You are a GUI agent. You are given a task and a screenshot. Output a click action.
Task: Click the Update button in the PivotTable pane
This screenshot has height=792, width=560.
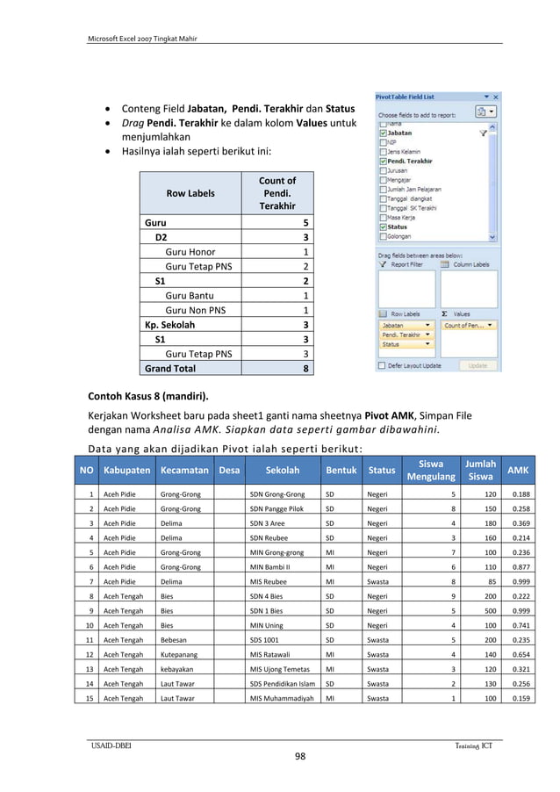(x=477, y=365)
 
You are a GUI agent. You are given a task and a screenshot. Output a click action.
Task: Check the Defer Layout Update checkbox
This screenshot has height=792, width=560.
(x=381, y=365)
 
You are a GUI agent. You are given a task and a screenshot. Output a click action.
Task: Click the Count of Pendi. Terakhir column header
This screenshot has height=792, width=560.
(x=276, y=193)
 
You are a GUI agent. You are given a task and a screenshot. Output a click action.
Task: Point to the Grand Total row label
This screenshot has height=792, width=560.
(x=170, y=369)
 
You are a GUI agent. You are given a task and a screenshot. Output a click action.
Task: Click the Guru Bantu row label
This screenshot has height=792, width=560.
(x=189, y=296)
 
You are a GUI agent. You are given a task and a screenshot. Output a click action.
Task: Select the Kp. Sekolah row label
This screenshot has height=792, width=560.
(x=171, y=325)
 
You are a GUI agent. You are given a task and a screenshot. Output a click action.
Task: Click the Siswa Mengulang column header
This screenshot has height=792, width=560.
(x=431, y=470)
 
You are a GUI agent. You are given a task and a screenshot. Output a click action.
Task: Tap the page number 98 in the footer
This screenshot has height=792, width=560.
(x=299, y=758)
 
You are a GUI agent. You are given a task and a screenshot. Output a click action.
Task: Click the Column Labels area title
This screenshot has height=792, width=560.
(x=470, y=264)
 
